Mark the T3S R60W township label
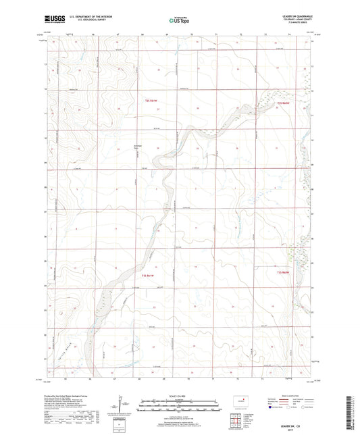point(284,272)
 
